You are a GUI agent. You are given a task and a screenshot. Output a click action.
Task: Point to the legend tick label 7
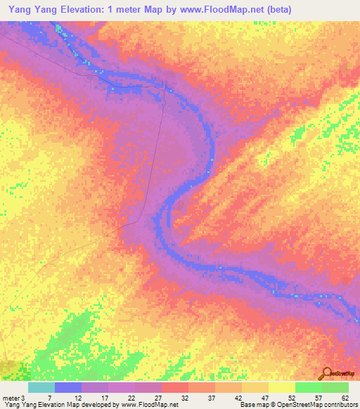pos(50,398)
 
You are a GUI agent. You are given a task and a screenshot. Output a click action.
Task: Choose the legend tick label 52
pos(293,398)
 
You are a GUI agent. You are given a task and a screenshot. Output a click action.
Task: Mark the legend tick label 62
pos(345,398)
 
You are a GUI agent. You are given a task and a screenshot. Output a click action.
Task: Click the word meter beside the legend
pos(10,398)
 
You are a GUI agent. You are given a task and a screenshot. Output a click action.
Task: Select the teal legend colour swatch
pos(41,387)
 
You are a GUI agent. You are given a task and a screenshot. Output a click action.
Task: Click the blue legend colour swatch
pos(68,387)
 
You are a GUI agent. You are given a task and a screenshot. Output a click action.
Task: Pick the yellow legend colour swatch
pos(282,387)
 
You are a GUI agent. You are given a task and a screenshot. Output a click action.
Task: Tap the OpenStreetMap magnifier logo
pos(326,373)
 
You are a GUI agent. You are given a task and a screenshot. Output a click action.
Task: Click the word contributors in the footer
pos(337,405)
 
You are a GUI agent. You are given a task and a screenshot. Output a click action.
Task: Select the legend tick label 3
pos(23,398)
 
